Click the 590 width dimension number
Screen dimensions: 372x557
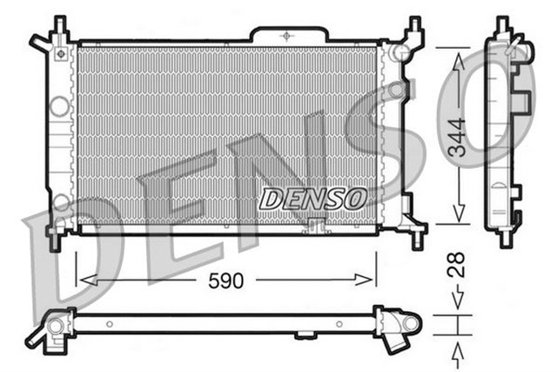225,281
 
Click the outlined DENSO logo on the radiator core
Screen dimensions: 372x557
312,198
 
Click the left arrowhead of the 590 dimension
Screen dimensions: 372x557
84,281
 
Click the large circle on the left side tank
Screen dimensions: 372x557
59,106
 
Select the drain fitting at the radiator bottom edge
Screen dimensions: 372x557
315,227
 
